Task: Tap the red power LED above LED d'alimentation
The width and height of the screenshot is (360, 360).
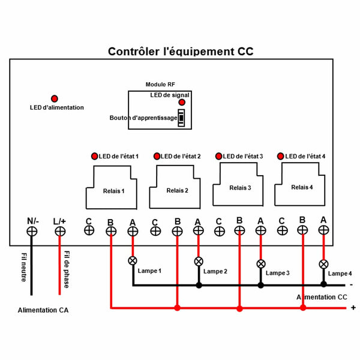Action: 55,98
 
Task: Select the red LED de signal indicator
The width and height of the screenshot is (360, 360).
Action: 182,103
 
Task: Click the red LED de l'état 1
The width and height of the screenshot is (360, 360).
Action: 94,156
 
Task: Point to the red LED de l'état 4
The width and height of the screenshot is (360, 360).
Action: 280,156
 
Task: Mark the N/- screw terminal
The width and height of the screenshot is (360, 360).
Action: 32,231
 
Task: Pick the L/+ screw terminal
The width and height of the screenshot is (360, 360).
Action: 59,231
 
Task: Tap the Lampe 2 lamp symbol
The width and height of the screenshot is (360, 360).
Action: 199,261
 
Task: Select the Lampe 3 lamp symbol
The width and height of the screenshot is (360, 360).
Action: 261,264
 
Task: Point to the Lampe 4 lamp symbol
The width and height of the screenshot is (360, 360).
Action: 323,264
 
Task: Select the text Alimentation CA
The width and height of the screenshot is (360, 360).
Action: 42,311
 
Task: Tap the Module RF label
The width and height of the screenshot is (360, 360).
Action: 160,85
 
